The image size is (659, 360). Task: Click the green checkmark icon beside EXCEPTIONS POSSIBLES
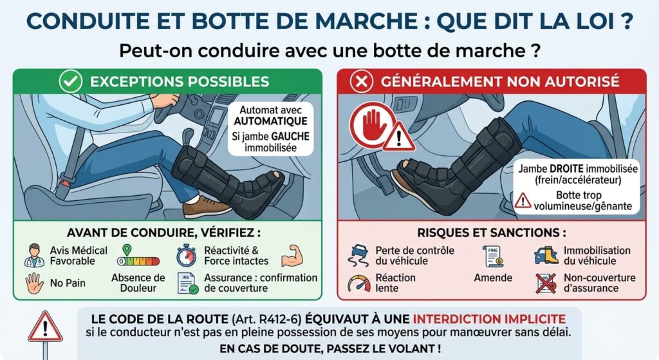70,81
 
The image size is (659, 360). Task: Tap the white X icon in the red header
362,81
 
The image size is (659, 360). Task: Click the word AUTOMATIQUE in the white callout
271,121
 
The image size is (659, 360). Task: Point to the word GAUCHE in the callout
290,137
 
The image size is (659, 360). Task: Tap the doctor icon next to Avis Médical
34,255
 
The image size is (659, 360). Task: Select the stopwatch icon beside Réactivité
186,255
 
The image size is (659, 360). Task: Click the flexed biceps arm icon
292,255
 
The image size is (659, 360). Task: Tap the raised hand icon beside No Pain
34,283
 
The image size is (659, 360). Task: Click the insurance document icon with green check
187,283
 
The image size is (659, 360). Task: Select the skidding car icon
358,256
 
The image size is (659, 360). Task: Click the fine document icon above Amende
493,256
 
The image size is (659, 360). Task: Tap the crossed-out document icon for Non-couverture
546,283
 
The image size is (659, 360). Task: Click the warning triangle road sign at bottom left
45,327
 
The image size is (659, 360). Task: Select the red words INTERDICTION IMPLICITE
489,319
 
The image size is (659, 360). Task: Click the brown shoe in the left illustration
207,207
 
